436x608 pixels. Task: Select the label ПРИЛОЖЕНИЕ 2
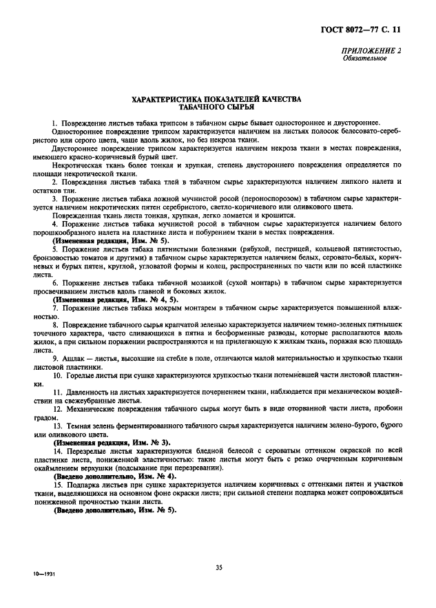374,51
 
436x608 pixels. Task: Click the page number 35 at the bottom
218,567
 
